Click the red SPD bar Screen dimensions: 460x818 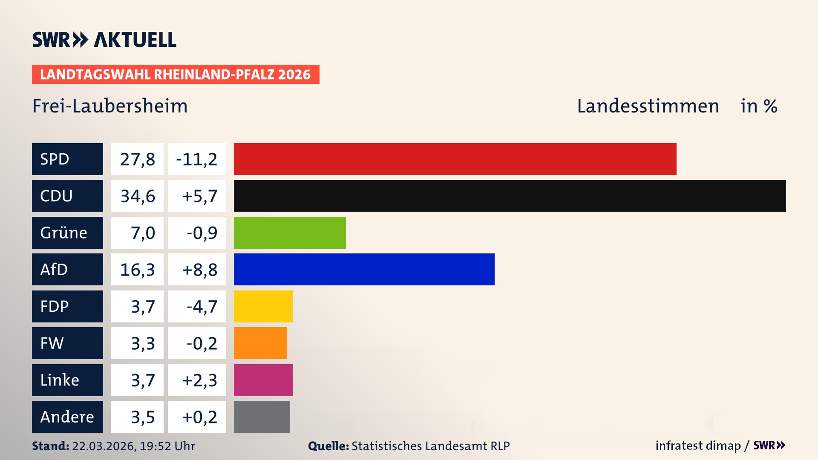tap(455, 159)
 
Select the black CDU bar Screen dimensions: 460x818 tap(510, 195)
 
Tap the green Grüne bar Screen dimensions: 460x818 tap(290, 233)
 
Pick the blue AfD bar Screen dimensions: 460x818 tap(364, 269)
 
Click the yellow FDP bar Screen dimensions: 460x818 tap(263, 306)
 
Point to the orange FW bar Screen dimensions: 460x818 tap(260, 343)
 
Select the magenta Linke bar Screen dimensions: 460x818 tap(263, 380)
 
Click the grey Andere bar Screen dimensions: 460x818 tap(262, 417)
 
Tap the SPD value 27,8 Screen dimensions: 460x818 tap(137, 159)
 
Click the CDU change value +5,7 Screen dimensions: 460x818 tap(199, 196)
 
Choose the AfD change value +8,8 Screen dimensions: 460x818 tap(199, 270)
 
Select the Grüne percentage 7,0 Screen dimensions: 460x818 tap(142, 233)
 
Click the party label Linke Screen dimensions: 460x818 tap(60, 380)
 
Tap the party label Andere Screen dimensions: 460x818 tap(67, 417)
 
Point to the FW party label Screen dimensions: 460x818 tap(52, 343)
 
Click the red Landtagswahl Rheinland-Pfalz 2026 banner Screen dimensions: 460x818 tap(175, 75)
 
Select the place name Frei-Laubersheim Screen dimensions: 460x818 tap(110, 106)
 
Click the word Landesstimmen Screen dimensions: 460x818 tap(648, 106)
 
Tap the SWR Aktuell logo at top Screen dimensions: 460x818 tap(104, 40)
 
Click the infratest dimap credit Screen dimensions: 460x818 tap(697, 446)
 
